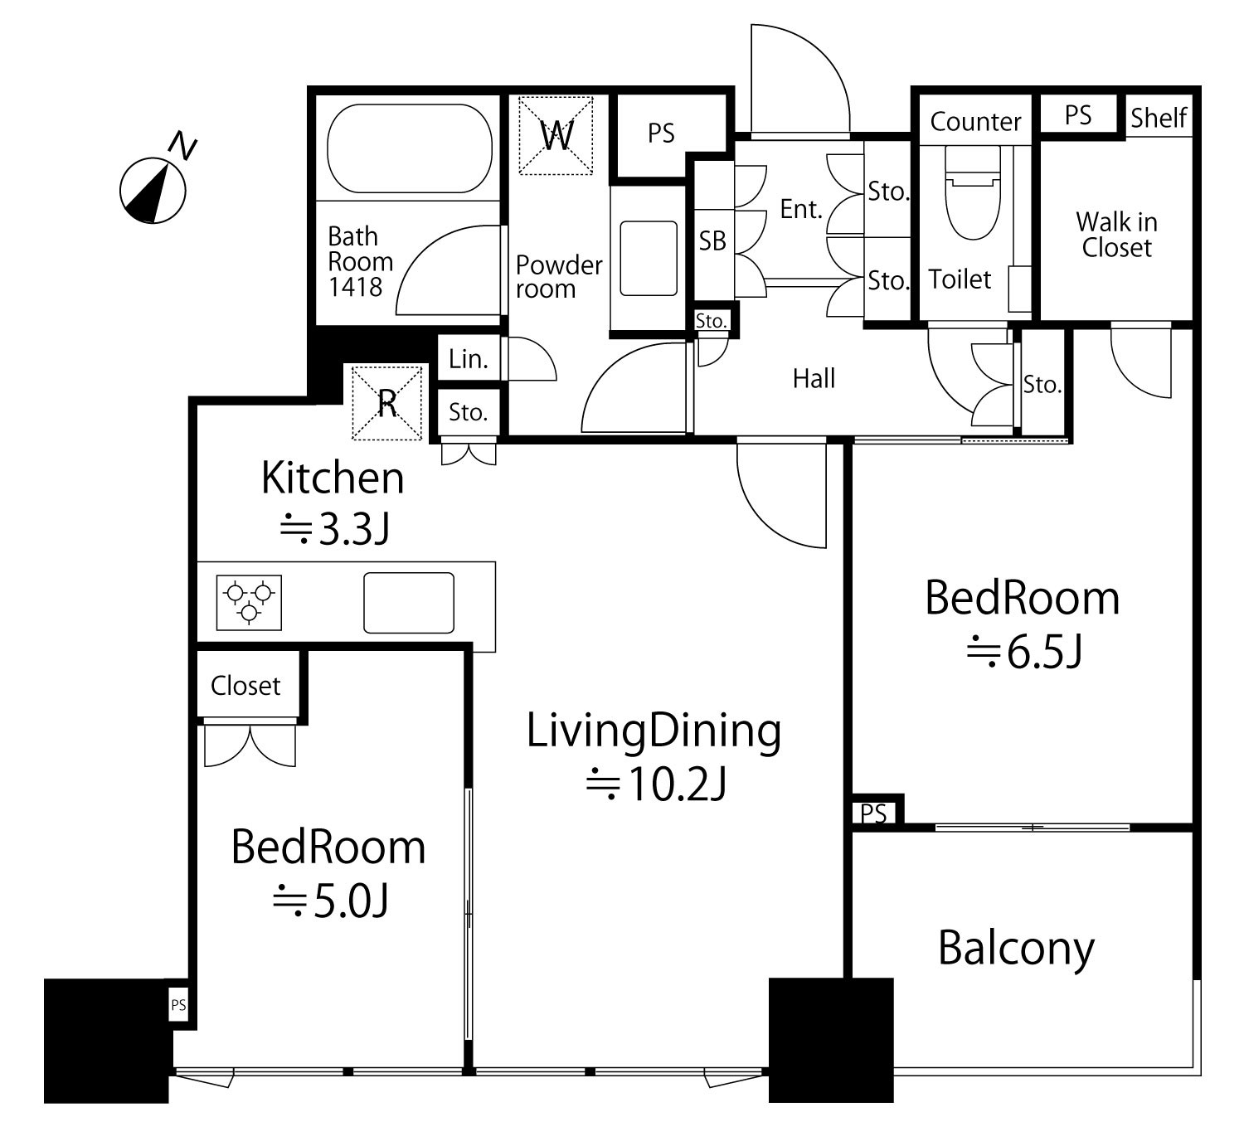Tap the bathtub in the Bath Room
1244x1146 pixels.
point(410,148)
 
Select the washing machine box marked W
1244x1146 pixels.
point(556,135)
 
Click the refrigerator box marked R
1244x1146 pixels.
point(387,403)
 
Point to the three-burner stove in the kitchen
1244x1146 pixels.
point(249,602)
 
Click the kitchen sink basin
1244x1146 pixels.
point(409,603)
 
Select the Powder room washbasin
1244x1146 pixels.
point(648,259)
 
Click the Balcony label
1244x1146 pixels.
point(1017,948)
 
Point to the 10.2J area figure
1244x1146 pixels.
point(656,784)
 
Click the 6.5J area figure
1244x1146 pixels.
point(1024,653)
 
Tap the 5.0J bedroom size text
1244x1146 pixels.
point(331,901)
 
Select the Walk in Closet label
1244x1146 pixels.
point(1116,235)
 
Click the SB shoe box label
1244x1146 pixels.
point(712,240)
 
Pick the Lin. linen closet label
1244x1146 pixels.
point(469,359)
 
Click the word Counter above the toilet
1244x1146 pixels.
point(975,122)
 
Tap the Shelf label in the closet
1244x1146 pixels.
point(1159,117)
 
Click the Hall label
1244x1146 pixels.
point(814,378)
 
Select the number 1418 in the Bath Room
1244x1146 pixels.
point(355,287)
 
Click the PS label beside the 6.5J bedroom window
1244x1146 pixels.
point(874,813)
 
